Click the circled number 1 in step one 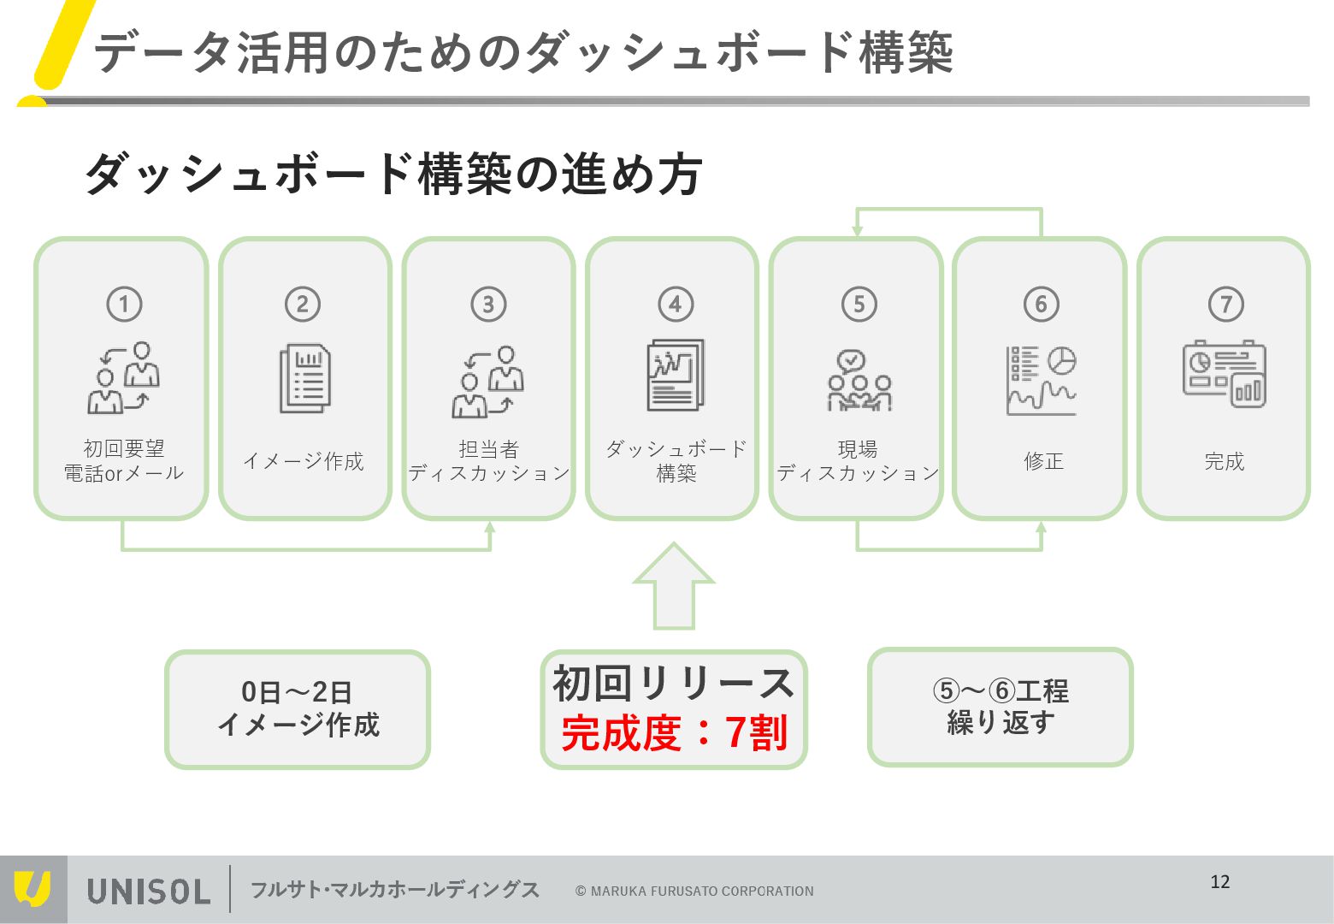click(124, 304)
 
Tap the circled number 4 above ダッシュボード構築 click(675, 304)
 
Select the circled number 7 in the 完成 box click(1225, 304)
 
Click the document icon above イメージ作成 click(305, 378)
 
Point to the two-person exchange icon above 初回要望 click(123, 378)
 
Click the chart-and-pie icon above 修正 click(1042, 381)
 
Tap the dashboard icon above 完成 click(1225, 375)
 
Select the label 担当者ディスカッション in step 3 click(489, 461)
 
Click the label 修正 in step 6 click(1043, 461)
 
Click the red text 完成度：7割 click(674, 733)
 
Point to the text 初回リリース click(674, 684)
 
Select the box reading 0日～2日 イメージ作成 click(298, 709)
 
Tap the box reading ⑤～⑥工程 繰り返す click(1000, 707)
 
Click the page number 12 click(1220, 882)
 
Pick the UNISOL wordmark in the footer click(148, 891)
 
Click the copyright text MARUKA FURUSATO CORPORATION click(694, 891)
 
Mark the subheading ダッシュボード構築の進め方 click(393, 174)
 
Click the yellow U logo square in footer click(33, 890)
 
